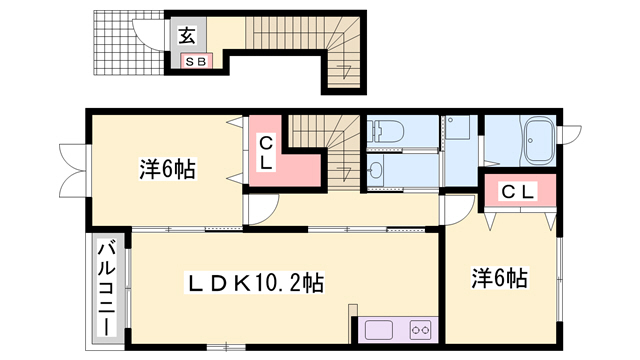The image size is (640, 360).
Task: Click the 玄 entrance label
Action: [187, 36]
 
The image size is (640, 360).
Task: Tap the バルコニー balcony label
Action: [105, 290]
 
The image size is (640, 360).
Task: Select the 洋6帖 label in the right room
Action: [500, 278]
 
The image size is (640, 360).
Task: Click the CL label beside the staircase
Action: [266, 152]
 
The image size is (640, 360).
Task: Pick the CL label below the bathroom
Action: [517, 190]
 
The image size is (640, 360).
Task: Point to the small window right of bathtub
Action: [573, 133]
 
